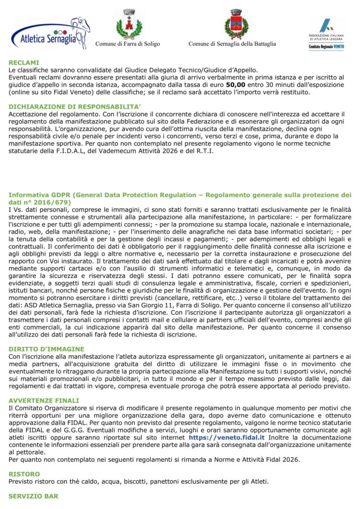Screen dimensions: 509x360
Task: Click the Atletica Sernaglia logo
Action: [x=50, y=33]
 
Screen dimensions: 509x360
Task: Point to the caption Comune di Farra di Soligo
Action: [x=128, y=44]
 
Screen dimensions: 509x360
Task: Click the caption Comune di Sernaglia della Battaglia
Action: [x=232, y=44]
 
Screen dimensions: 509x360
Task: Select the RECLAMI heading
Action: [x=24, y=63]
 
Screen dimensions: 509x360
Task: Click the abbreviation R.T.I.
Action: [x=205, y=151]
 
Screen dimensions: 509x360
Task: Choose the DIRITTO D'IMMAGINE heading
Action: [x=47, y=349]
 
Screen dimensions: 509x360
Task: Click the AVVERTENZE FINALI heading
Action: [x=44, y=400]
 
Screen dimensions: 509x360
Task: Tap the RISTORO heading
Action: [x=24, y=474]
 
